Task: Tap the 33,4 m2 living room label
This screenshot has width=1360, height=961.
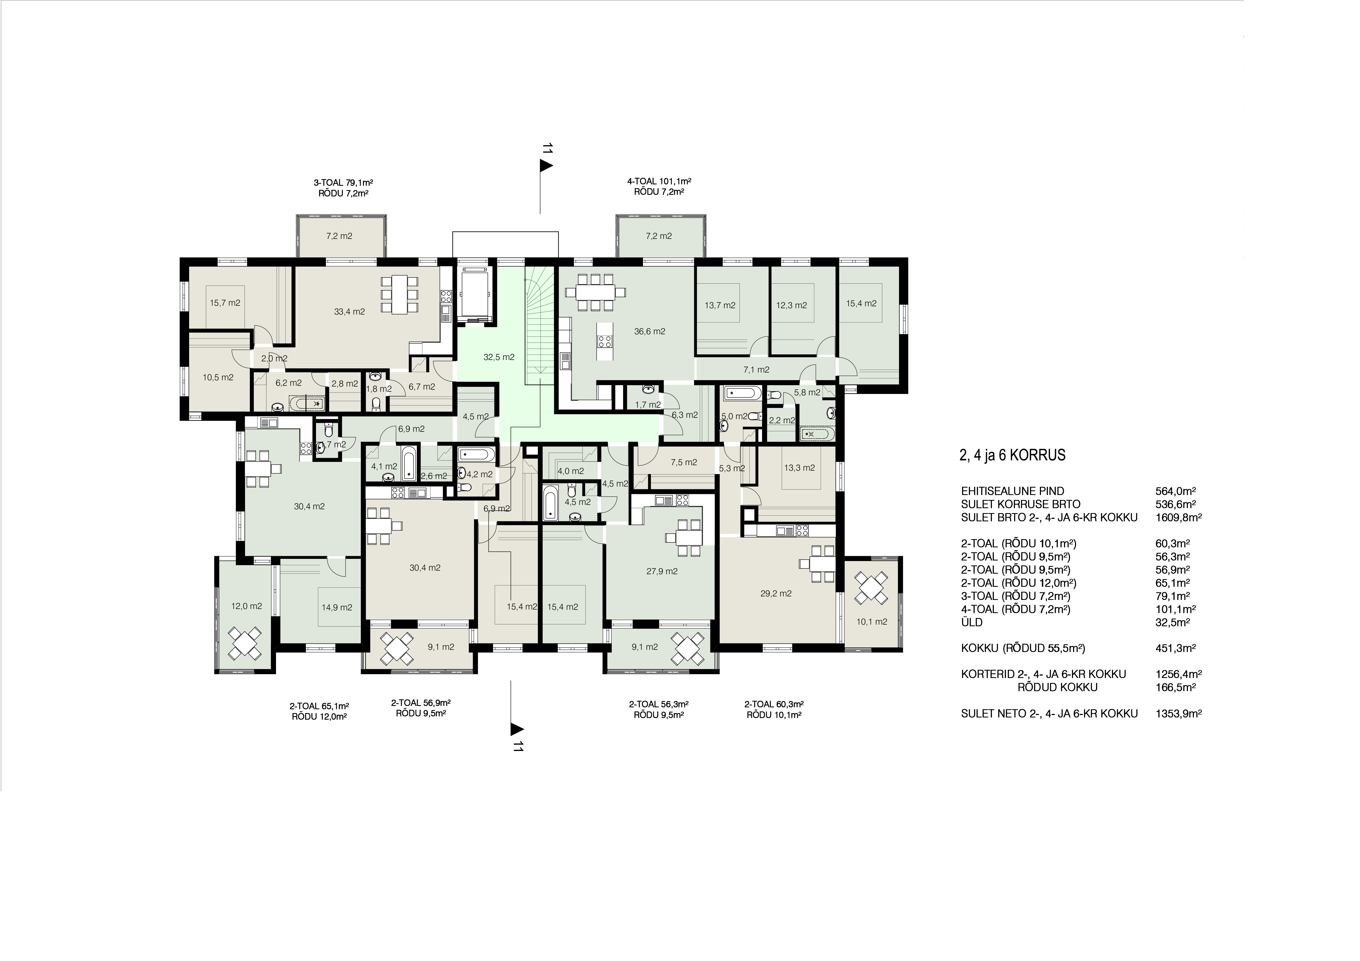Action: [x=349, y=311]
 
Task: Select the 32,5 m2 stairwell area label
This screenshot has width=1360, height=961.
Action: [x=499, y=357]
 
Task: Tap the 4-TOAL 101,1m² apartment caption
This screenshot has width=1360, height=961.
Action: [x=659, y=181]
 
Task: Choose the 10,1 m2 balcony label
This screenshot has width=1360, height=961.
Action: [x=872, y=622]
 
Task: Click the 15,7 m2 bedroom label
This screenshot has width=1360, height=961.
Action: [x=225, y=302]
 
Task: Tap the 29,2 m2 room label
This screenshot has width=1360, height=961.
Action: [x=776, y=593]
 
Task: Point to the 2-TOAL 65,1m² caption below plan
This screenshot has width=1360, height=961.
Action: [x=319, y=706]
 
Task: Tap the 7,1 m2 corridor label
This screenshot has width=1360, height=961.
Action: [x=756, y=370]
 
